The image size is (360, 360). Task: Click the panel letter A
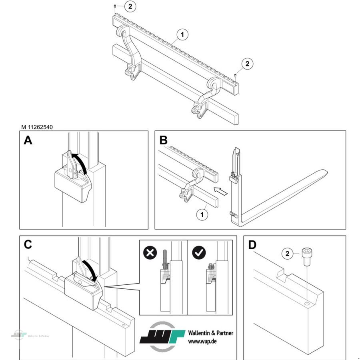[x=28, y=140]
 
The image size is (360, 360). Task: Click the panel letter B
[x=163, y=140]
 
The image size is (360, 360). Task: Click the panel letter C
[x=28, y=245]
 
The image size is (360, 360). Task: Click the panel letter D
[x=252, y=245]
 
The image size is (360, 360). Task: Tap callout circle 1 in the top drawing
[x=182, y=35]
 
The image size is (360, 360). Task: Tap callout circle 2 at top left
[x=129, y=6]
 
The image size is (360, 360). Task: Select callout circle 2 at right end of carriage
[x=247, y=63]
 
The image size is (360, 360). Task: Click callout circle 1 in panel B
[x=202, y=214]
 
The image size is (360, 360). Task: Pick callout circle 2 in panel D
[x=287, y=253]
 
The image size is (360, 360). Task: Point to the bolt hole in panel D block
[x=306, y=304]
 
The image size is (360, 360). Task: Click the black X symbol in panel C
[x=150, y=253]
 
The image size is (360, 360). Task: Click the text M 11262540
[x=37, y=127]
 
